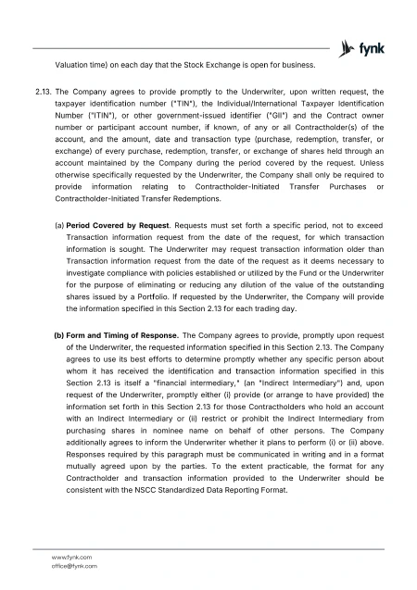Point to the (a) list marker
(x=59, y=225)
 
